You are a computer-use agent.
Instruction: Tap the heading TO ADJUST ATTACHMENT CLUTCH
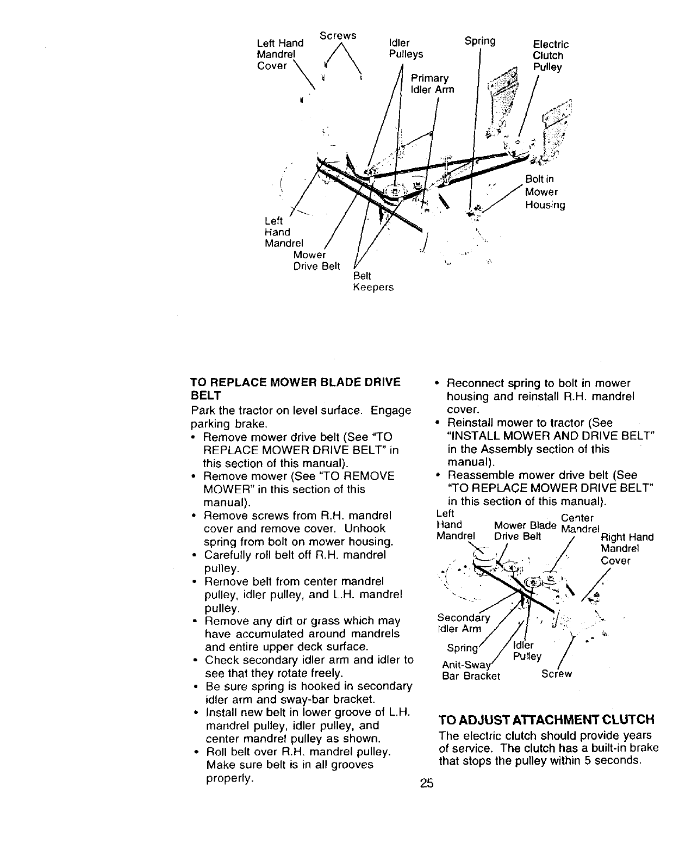tap(546, 720)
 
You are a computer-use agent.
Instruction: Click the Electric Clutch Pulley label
tap(550, 55)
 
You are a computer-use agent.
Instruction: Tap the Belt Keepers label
tap(373, 282)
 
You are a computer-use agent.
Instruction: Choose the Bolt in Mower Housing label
tap(545, 192)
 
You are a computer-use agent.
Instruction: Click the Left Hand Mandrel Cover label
tap(279, 54)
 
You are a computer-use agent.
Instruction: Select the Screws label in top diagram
tap(338, 35)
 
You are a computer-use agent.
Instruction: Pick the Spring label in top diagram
tap(481, 41)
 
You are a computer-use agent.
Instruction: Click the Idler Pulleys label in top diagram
tap(406, 48)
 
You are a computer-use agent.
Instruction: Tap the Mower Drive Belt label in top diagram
tap(316, 261)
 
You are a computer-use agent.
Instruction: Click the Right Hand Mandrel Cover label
tap(627, 549)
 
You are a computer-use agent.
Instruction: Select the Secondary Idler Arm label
tap(463, 623)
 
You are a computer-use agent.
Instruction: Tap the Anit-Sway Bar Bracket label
tap(470, 671)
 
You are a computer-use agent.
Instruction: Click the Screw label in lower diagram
tap(557, 674)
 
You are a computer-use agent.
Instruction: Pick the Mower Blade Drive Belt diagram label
tap(525, 531)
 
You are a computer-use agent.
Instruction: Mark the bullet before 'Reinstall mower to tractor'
tap(438, 423)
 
